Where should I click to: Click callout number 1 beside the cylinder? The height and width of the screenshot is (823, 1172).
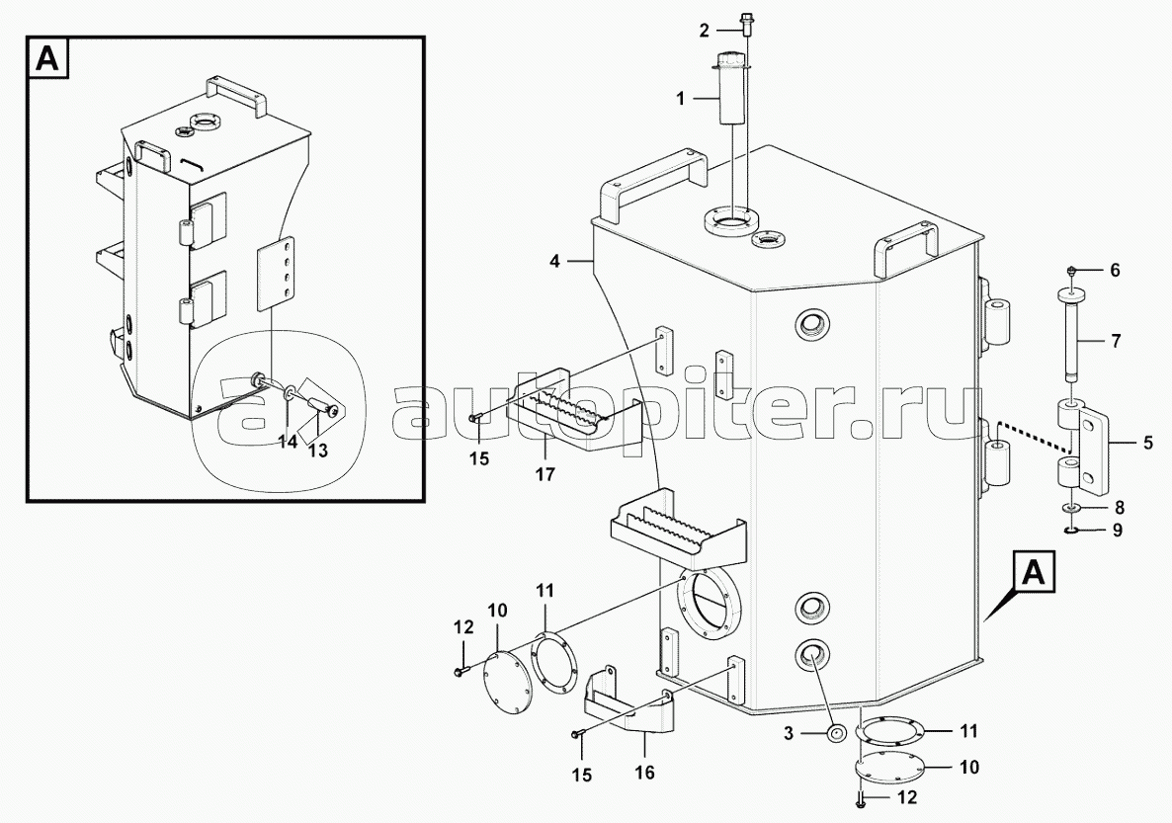(x=680, y=99)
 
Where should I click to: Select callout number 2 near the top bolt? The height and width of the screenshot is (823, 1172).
(x=704, y=31)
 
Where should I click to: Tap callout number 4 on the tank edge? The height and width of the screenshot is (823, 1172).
(x=553, y=262)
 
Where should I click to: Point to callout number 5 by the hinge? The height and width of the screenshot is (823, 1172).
(x=1147, y=444)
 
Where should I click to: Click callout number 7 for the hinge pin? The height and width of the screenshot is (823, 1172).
(x=1116, y=342)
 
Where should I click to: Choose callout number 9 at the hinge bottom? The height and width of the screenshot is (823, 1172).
(x=1118, y=531)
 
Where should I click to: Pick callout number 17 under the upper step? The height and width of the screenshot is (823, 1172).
(x=544, y=474)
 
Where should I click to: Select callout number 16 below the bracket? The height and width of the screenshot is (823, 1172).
(x=644, y=773)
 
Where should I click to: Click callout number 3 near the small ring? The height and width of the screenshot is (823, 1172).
(x=789, y=734)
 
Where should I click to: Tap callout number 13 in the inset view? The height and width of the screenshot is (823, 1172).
(x=317, y=452)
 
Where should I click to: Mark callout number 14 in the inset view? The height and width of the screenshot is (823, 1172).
(x=288, y=442)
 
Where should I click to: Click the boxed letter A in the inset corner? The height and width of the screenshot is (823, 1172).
(x=47, y=58)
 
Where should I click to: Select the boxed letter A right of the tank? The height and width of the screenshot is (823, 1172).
(x=1034, y=573)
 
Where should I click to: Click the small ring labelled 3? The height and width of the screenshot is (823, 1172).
(x=835, y=733)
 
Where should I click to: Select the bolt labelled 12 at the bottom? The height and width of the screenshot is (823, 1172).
(x=861, y=801)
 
